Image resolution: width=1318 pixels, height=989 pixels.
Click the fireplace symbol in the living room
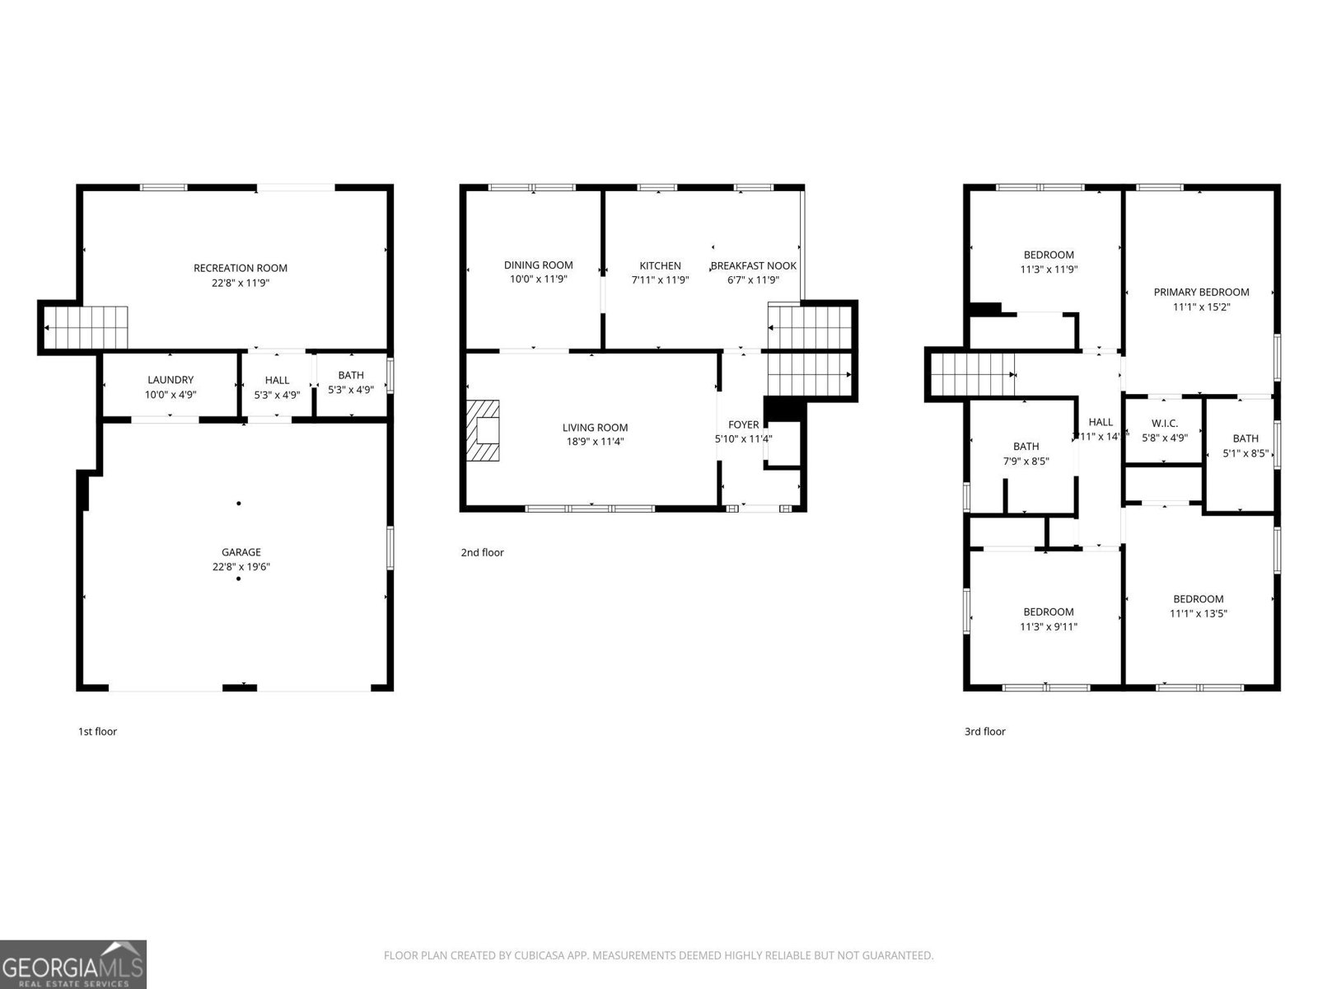pos(484,431)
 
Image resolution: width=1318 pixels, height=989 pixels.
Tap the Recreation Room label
pos(241,268)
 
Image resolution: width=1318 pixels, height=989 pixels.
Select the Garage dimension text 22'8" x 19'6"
pos(241,567)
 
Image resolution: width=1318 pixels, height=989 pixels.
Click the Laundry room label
pos(171,380)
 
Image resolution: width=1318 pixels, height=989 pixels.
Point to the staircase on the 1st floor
pos(86,327)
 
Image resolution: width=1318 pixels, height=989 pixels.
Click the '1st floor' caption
pos(97,731)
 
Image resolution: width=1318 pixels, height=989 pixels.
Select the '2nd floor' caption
pos(482,553)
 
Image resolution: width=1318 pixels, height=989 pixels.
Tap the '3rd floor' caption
pos(984,731)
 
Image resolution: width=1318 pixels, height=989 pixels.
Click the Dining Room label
pos(538,265)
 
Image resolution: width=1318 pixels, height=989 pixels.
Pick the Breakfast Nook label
pos(753,266)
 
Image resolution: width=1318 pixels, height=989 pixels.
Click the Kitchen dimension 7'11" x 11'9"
pos(660,280)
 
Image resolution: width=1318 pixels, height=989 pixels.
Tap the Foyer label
pos(743,425)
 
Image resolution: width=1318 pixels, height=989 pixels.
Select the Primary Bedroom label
pos(1201,293)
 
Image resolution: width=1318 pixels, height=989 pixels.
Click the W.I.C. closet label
pos(1164,424)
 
